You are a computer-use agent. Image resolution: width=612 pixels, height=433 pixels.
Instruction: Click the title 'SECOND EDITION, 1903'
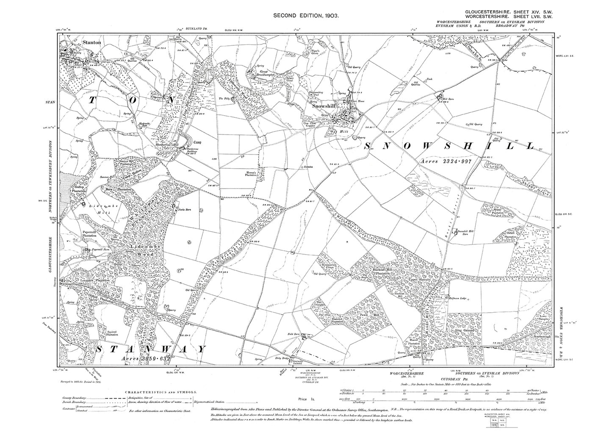(306, 15)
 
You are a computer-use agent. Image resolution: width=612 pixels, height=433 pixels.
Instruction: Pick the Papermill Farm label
(100, 250)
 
